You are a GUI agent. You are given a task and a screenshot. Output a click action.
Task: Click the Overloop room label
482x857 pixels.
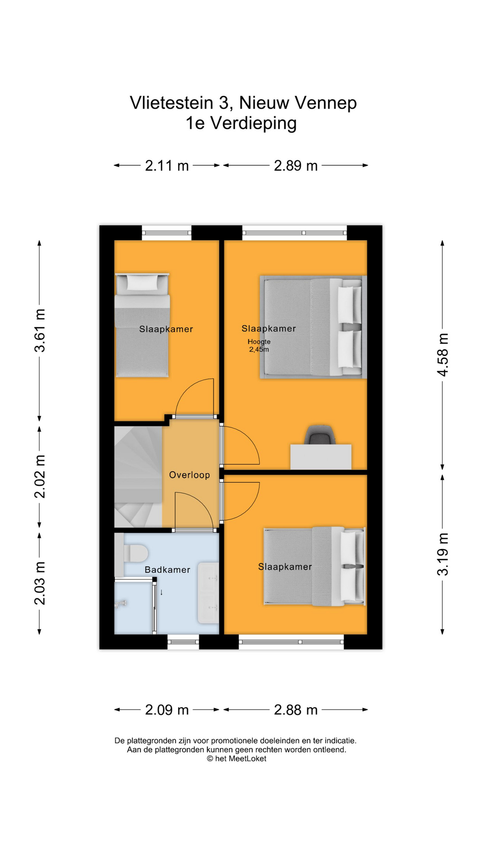pos(189,475)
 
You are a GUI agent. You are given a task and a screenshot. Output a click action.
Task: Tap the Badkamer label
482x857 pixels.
pos(167,570)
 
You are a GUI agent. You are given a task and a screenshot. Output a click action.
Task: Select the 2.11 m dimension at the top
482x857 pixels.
pos(167,166)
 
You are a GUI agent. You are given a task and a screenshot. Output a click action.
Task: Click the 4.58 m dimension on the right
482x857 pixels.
pos(442,355)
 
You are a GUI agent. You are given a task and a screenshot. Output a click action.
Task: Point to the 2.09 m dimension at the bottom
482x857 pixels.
pos(167,710)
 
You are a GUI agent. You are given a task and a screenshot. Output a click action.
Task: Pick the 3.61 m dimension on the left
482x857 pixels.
pos(40,330)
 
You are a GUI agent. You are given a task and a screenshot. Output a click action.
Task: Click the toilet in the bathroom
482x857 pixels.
pos(135,554)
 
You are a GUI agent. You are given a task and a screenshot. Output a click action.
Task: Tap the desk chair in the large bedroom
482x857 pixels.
pos(320,435)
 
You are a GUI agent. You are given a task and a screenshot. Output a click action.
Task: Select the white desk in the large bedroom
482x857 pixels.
pos(321,457)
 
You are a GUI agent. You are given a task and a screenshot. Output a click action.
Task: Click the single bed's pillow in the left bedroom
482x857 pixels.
pos(142,282)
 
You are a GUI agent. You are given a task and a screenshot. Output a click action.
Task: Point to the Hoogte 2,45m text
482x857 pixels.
pos(259,345)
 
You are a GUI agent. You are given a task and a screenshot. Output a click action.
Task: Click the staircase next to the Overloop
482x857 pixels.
pos(137,477)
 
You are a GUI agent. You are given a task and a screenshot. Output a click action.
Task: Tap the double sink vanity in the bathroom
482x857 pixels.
pos(208,593)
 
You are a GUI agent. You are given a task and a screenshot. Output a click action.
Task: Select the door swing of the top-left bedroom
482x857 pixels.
pos(194,397)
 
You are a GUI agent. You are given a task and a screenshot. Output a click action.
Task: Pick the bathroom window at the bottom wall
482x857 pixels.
pos(183,642)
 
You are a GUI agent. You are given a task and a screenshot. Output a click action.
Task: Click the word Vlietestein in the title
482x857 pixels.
pos(171,103)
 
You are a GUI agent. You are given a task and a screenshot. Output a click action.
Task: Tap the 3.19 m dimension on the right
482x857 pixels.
pos(442,554)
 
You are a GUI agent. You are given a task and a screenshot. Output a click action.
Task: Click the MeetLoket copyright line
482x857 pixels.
pos(237,758)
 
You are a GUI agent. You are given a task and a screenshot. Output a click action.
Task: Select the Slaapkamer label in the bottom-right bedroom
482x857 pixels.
pos(285,567)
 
